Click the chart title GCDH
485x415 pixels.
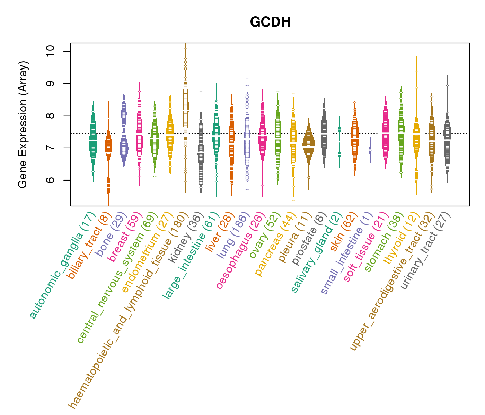coord(270,22)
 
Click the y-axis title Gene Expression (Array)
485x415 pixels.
coord(23,124)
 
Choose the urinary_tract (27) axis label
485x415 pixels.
coord(425,251)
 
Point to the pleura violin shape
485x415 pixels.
coord(308,145)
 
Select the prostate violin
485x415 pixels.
coord(324,131)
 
